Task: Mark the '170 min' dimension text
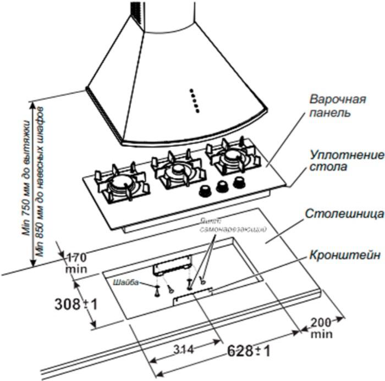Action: pyautogui.click(x=76, y=263)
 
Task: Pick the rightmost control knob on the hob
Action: pyautogui.click(x=239, y=181)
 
